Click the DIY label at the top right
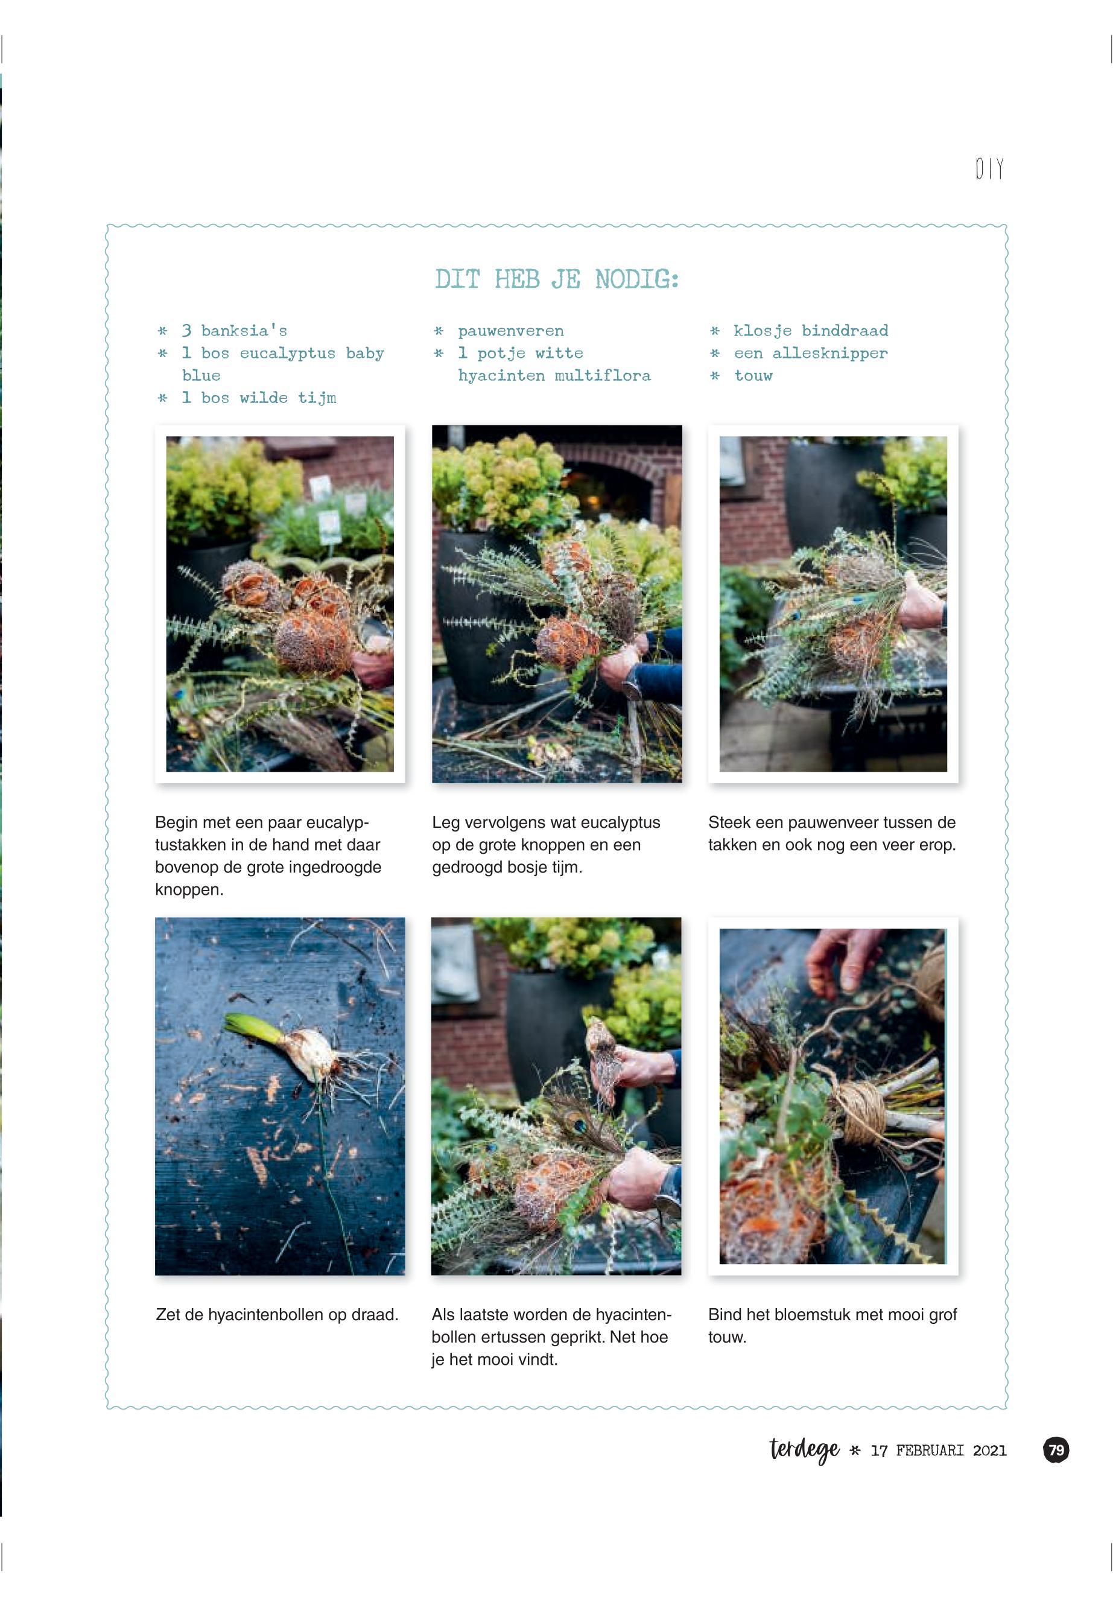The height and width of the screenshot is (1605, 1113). [989, 168]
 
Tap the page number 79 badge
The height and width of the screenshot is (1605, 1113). [1056, 1450]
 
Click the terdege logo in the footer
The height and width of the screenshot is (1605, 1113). [804, 1449]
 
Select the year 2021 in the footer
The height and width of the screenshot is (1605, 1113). [989, 1451]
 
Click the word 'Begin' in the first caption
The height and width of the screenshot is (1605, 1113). [177, 823]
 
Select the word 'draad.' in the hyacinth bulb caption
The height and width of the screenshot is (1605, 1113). [375, 1314]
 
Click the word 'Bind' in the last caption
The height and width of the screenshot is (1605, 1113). [725, 1314]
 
